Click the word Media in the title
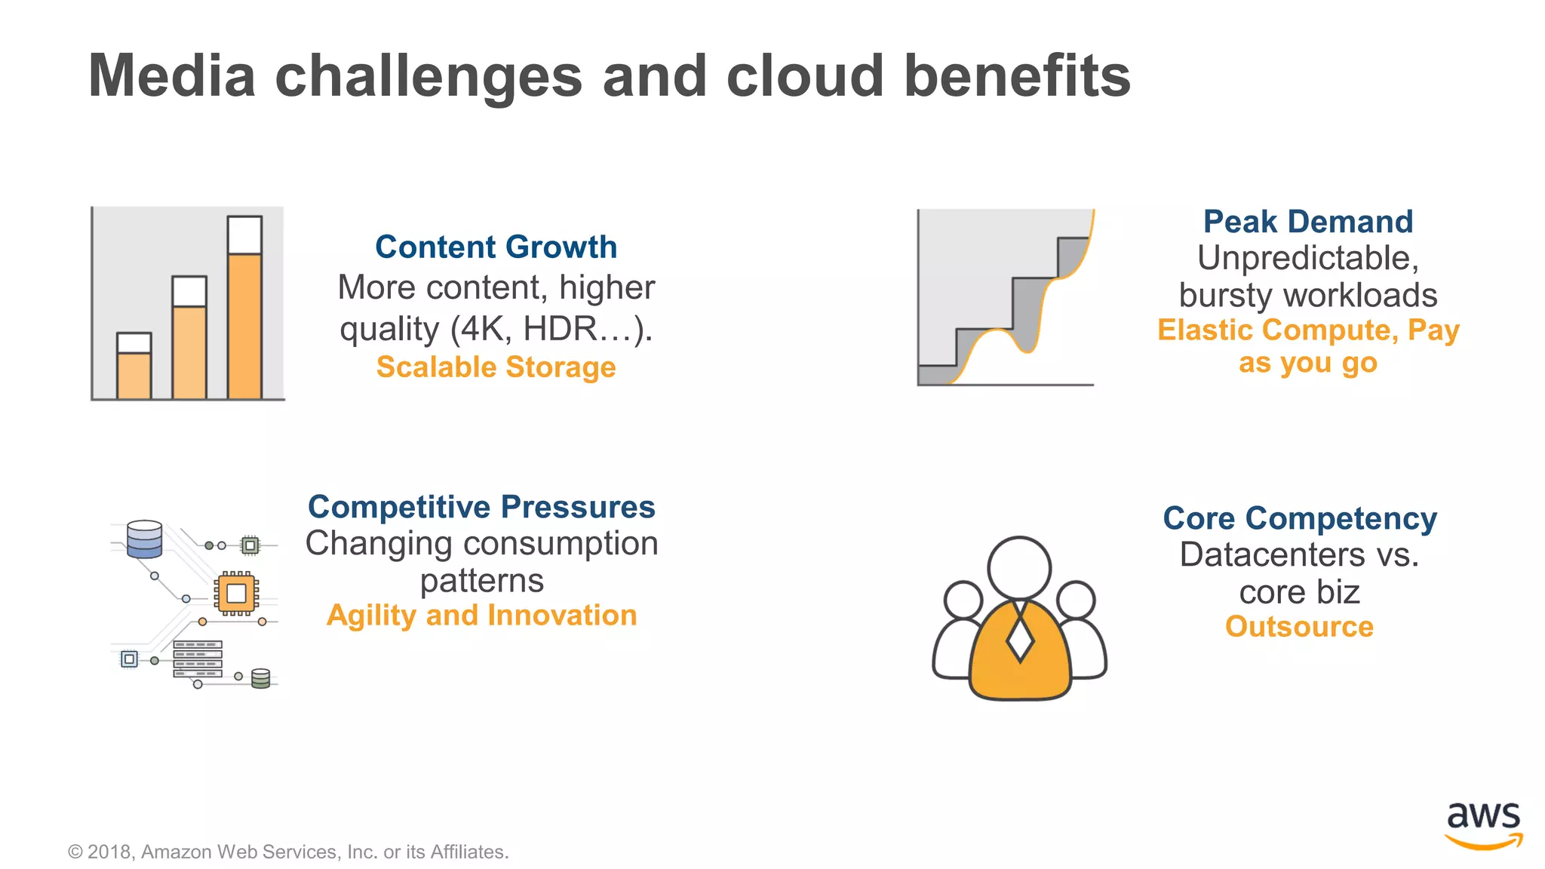[x=172, y=76]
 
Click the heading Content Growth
[x=496, y=247]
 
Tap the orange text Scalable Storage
[x=496, y=367]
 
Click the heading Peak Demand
[x=1307, y=222]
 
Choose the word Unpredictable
[x=1307, y=259]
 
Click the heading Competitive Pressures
[x=481, y=507]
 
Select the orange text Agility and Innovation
[x=481, y=616]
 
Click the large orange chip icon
[x=236, y=593]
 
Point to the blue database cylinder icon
[x=145, y=539]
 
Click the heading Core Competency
[x=1299, y=518]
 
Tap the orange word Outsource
[x=1299, y=627]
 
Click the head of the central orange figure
[x=1019, y=568]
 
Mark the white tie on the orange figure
[x=1020, y=635]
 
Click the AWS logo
[x=1483, y=824]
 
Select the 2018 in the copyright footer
[x=110, y=852]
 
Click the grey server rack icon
[x=198, y=659]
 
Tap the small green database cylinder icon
[x=260, y=678]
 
